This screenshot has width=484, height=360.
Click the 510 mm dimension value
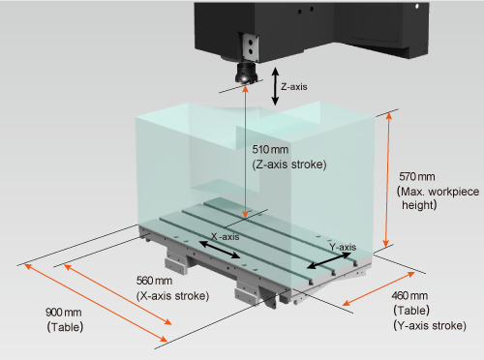(270, 149)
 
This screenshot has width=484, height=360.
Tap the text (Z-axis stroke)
(289, 165)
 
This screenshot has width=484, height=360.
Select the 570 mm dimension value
(417, 176)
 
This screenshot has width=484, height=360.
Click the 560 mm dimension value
(154, 281)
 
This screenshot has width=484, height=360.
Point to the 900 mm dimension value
(64, 313)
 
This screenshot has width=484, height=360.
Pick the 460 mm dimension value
(409, 295)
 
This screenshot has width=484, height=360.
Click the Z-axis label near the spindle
(294, 87)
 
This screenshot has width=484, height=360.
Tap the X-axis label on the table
(226, 237)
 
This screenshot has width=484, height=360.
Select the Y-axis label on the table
(343, 248)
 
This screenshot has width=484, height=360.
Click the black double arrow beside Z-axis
(275, 86)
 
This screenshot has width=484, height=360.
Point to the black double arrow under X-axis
(220, 250)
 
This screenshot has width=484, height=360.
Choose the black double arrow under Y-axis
(329, 260)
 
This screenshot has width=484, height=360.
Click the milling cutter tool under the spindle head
(246, 74)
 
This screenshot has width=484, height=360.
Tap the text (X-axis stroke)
(172, 296)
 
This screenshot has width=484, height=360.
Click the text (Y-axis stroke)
(430, 325)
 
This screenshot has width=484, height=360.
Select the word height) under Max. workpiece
(419, 205)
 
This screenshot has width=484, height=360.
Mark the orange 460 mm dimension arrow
(378, 288)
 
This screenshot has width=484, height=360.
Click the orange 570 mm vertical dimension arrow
(387, 180)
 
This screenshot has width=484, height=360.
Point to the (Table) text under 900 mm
(65, 327)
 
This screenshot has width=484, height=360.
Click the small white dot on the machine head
(417, 6)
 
